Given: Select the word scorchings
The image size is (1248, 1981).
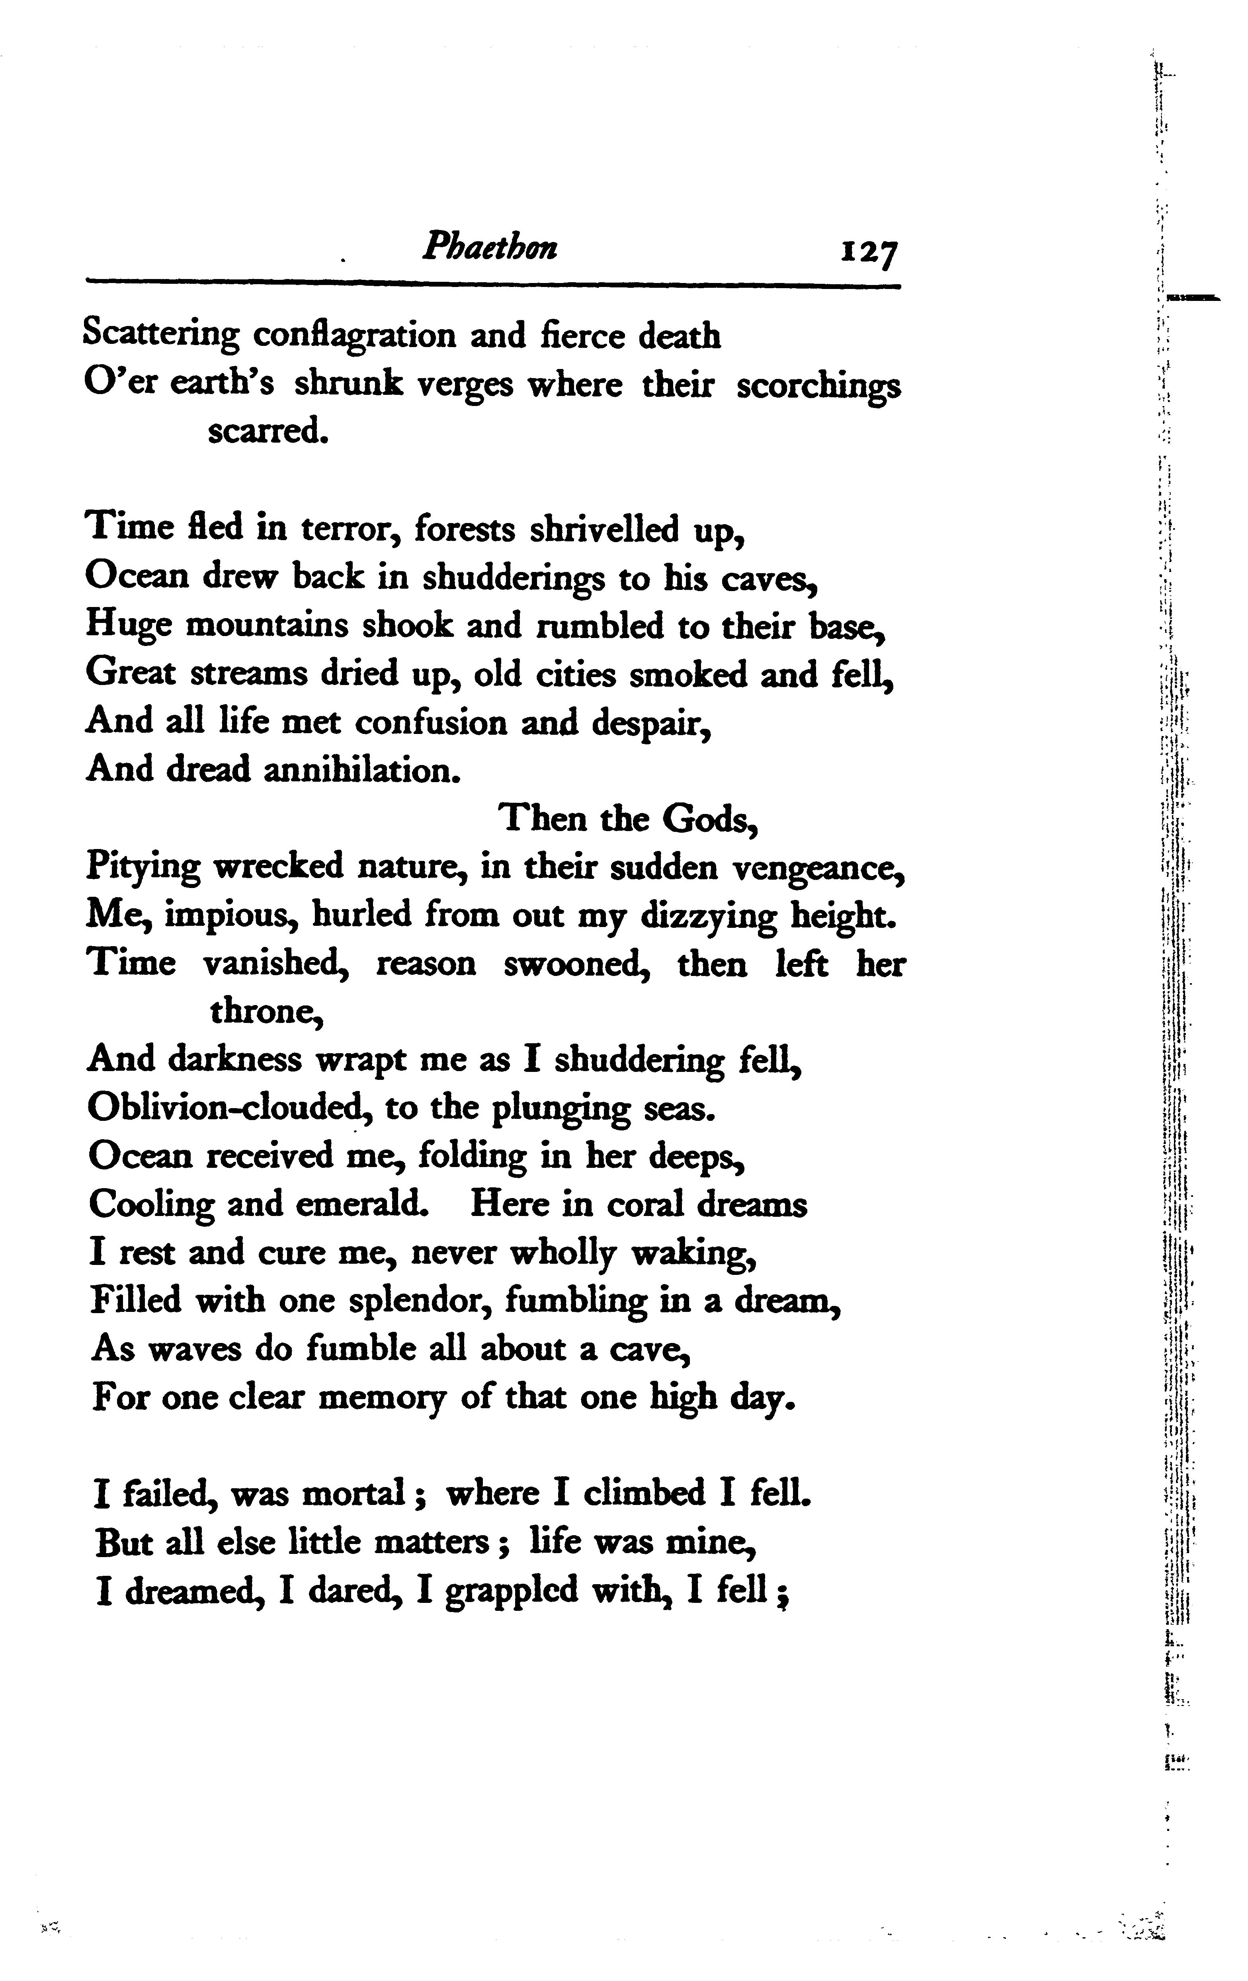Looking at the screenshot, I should coord(818,386).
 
